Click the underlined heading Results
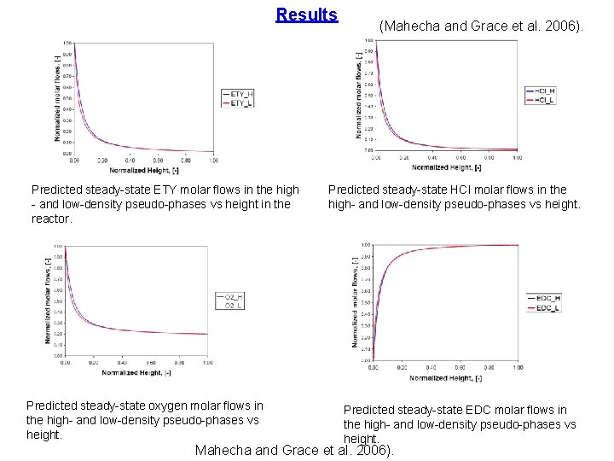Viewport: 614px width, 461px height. [x=307, y=15]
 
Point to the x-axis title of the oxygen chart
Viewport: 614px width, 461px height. [x=136, y=372]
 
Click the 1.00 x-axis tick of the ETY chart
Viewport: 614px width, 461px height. [x=212, y=160]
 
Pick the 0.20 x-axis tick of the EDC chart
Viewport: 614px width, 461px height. [x=401, y=368]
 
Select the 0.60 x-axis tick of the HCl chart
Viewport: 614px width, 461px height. [x=460, y=157]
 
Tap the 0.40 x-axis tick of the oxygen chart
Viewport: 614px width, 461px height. [x=122, y=363]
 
